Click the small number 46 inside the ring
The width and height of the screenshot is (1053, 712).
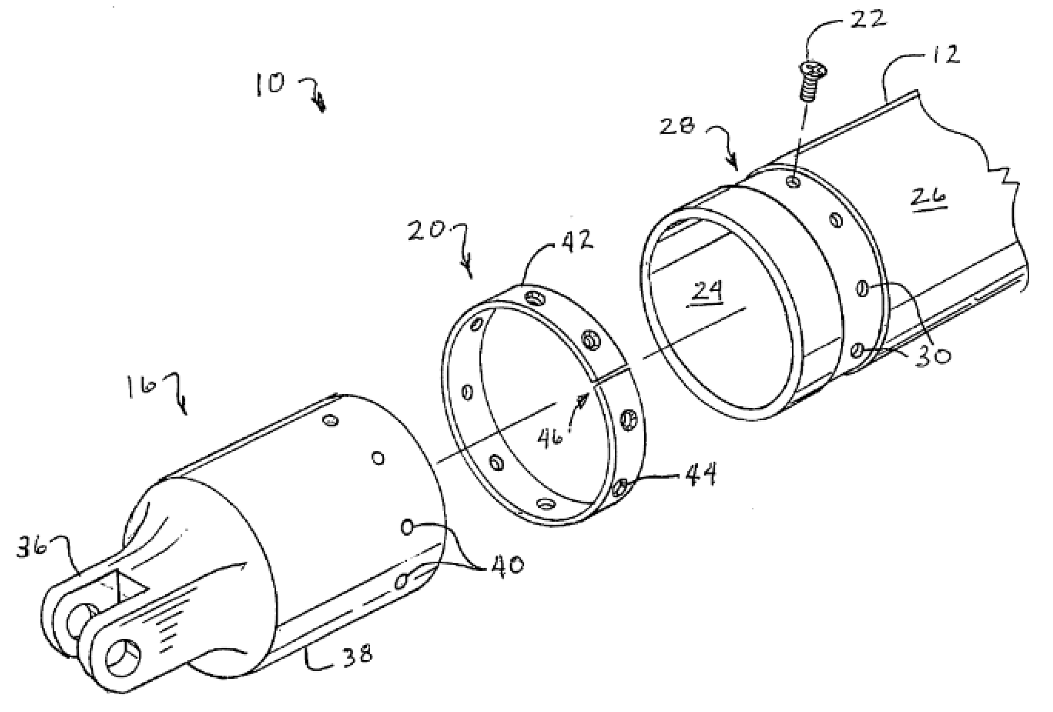click(551, 438)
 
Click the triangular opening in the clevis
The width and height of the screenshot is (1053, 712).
click(129, 589)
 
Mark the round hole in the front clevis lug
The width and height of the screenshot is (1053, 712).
click(122, 657)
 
